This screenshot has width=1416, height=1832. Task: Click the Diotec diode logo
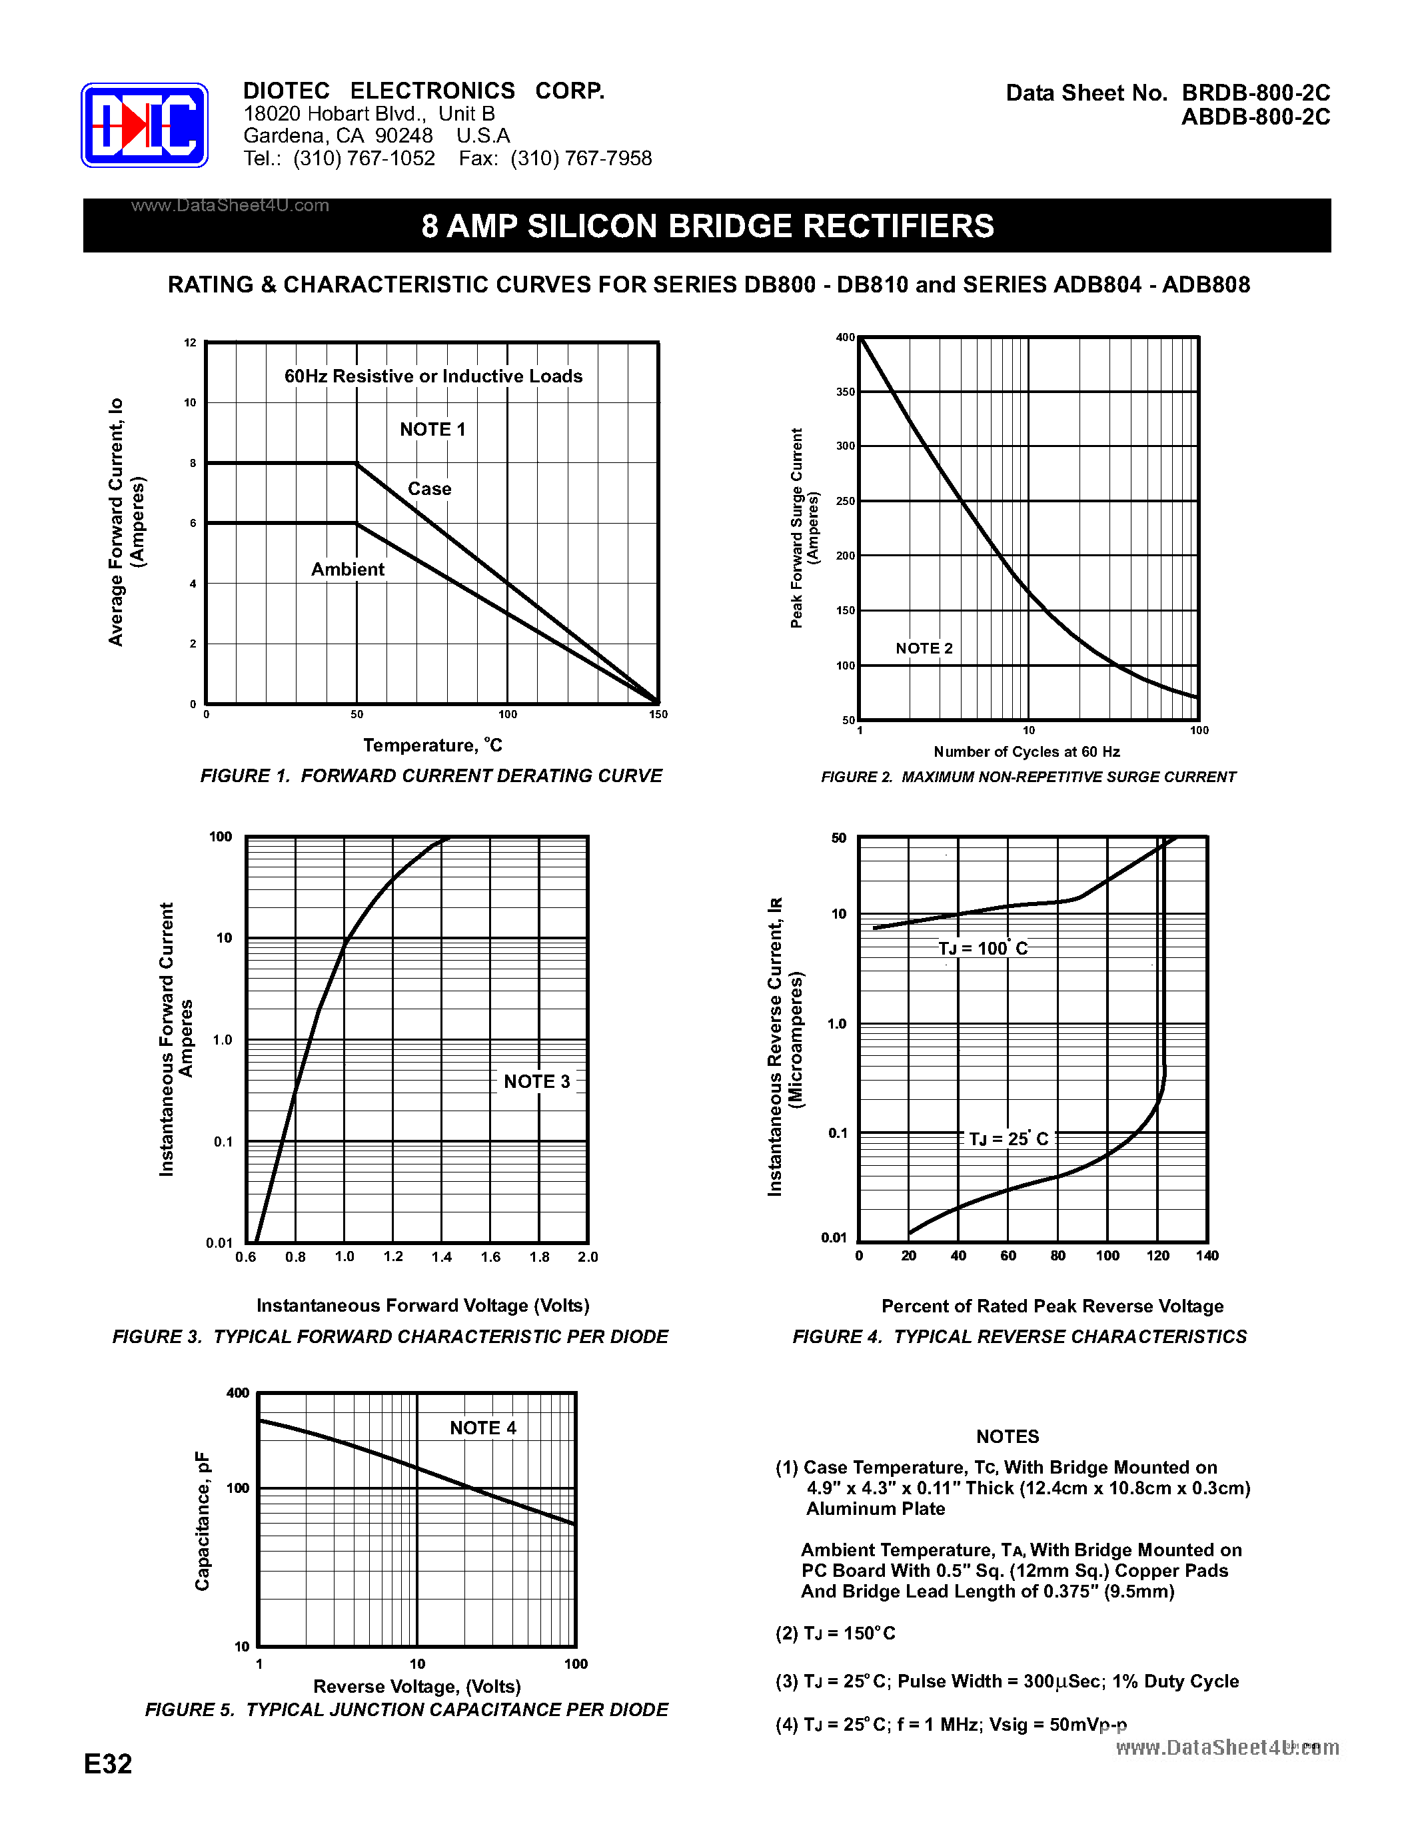pos(145,125)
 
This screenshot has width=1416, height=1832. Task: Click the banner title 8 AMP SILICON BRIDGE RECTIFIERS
pos(707,227)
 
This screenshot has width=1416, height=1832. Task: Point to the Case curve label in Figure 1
pos(430,489)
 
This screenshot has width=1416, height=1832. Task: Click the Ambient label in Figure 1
pos(347,570)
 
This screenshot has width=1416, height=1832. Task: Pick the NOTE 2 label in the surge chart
pos(924,648)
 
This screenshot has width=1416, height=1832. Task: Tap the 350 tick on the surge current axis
pos(845,392)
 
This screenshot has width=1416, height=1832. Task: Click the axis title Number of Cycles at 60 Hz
pos(1026,751)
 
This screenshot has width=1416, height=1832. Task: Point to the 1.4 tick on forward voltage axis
pos(441,1256)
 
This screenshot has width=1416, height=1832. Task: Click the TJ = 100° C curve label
pos(982,949)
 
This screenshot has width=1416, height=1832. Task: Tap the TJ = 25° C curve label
pos(1008,1139)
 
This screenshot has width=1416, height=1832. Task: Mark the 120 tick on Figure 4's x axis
pos(1157,1256)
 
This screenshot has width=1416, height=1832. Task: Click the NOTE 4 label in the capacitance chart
pos(483,1428)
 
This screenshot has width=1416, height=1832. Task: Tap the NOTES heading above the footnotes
pos(1007,1437)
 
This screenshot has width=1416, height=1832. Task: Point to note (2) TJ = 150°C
pos(835,1633)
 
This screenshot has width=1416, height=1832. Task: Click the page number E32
pos(108,1764)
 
